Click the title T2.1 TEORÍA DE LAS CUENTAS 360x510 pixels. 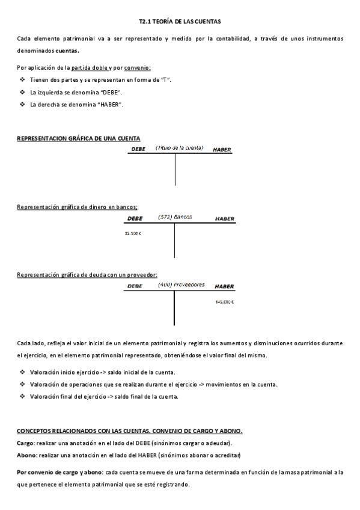pyautogui.click(x=180, y=22)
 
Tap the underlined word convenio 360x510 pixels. pyautogui.click(x=138, y=68)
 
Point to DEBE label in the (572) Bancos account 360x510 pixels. pyautogui.click(x=136, y=219)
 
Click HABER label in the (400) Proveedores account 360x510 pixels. pyautogui.click(x=224, y=286)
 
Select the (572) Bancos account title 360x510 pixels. pyautogui.click(x=175, y=217)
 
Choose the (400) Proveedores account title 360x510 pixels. pyautogui.click(x=181, y=284)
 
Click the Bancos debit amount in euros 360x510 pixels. pyautogui.click(x=133, y=233)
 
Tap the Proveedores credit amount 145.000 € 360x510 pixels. pyautogui.click(x=224, y=301)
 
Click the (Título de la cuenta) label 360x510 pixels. pyautogui.click(x=179, y=147)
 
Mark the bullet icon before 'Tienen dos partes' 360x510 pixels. pyautogui.click(x=22, y=80)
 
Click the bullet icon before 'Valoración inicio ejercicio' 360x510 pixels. pyautogui.click(x=22, y=372)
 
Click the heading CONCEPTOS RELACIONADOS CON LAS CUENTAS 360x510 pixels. pyautogui.click(x=129, y=431)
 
